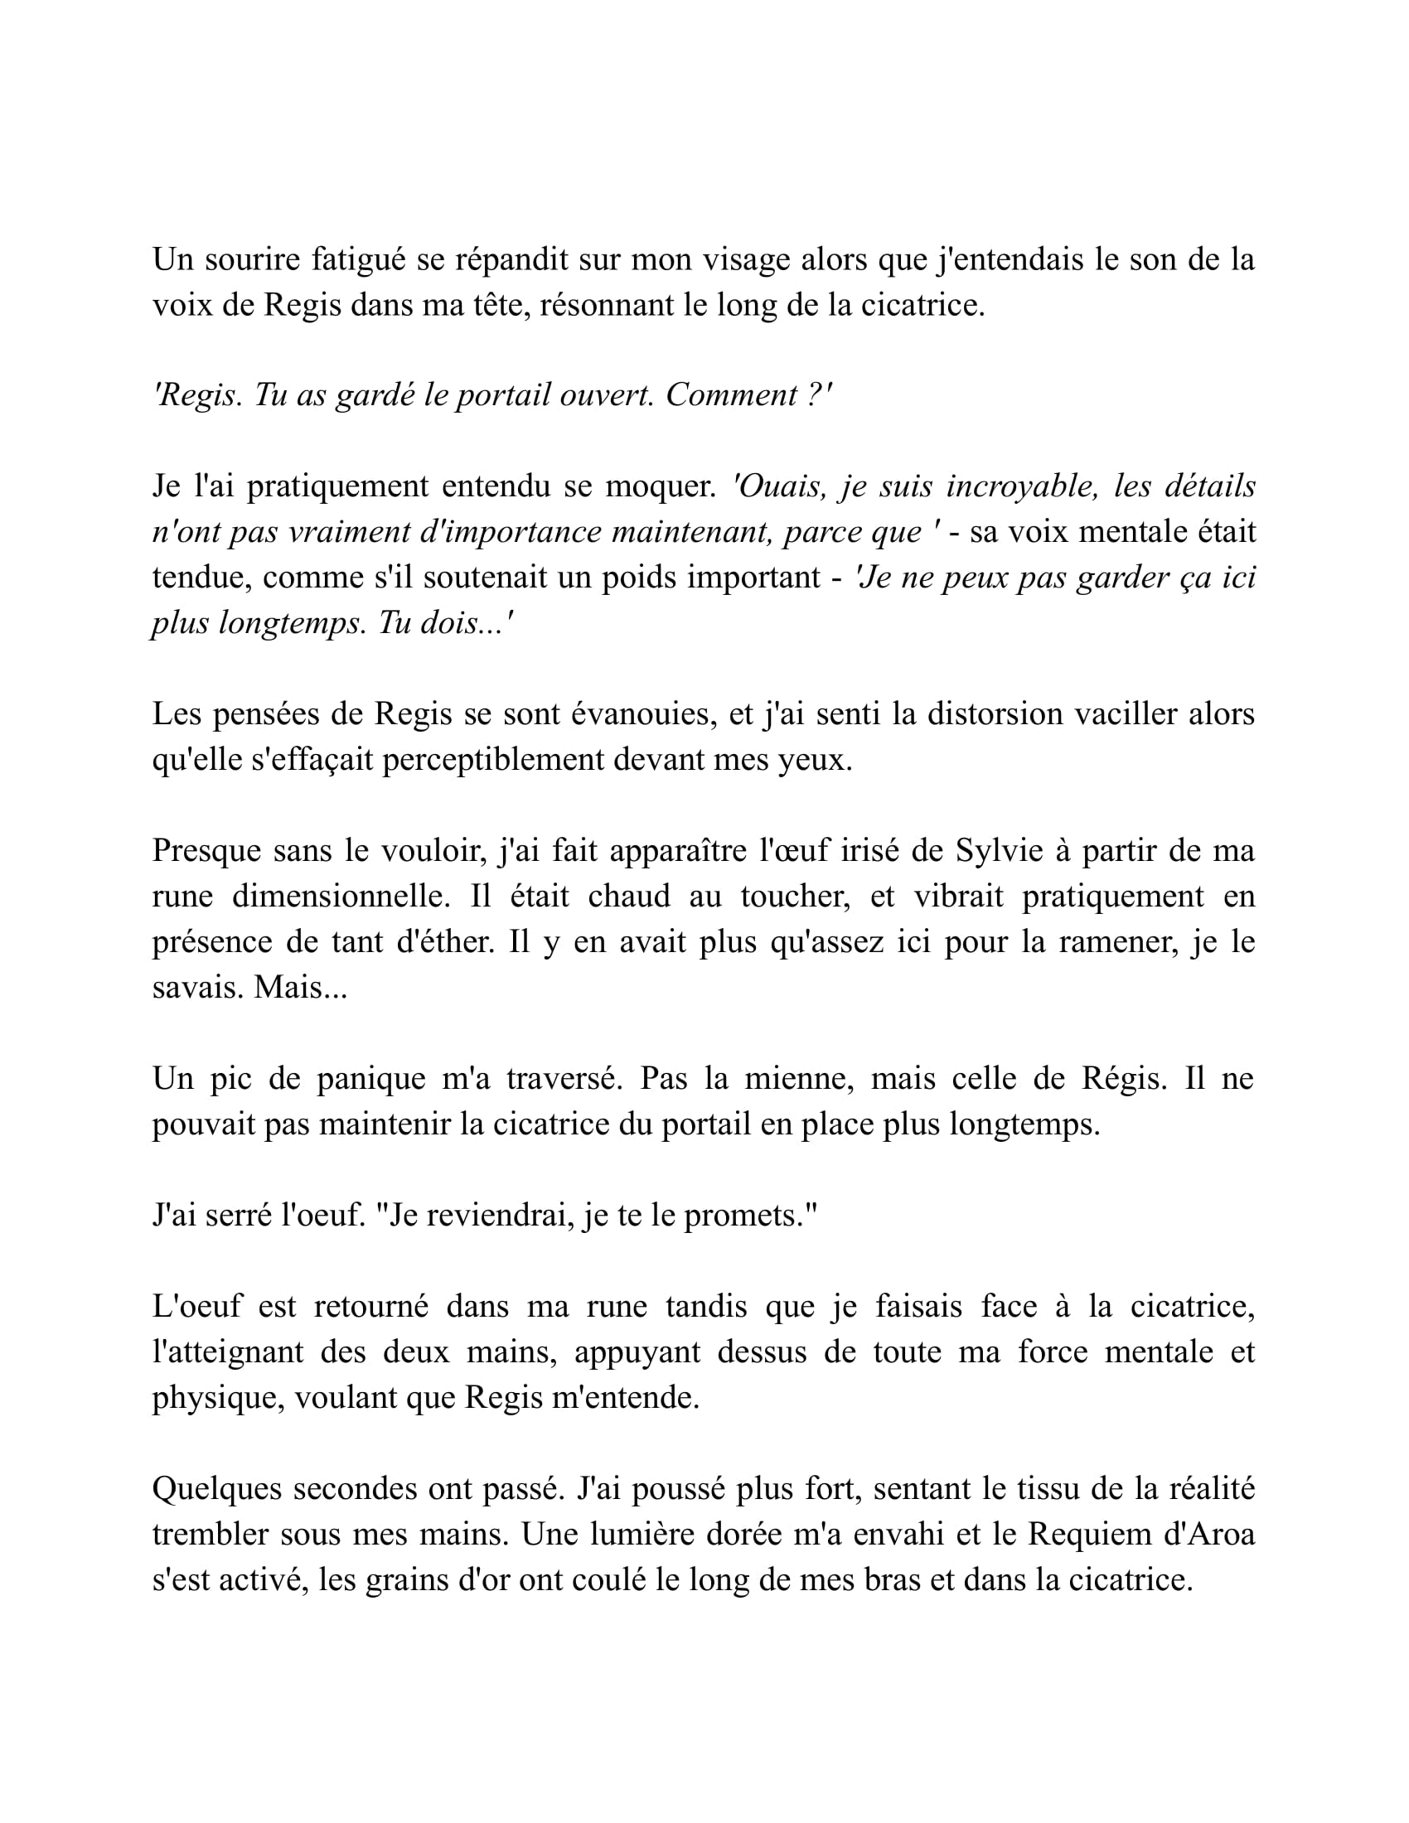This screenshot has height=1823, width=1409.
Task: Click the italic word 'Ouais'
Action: [779, 486]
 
